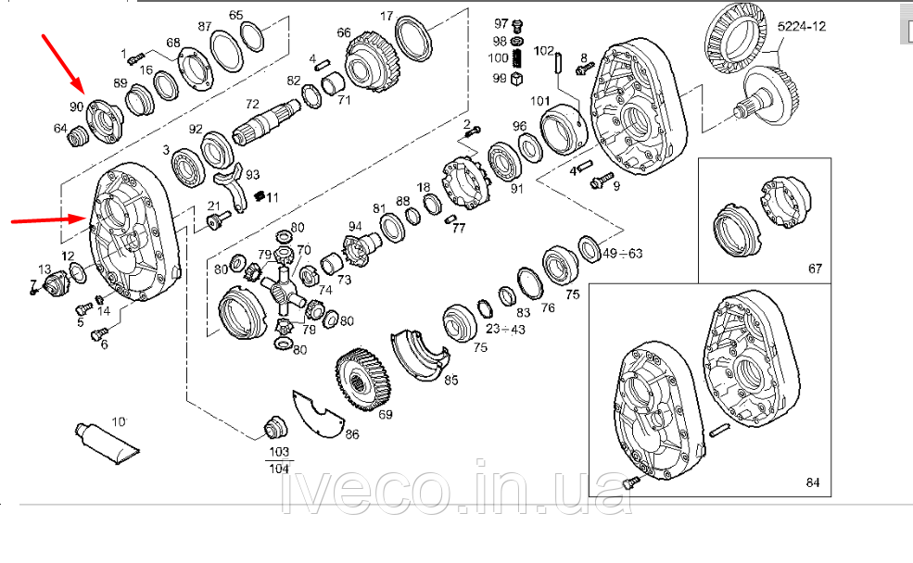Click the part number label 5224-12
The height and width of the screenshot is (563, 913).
coord(802,27)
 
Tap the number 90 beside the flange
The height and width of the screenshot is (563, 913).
coord(76,107)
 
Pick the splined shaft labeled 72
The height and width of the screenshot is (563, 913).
coord(265,123)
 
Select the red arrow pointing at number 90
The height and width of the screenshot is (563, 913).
coord(63,63)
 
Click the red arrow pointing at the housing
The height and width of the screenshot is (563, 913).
coord(49,219)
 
